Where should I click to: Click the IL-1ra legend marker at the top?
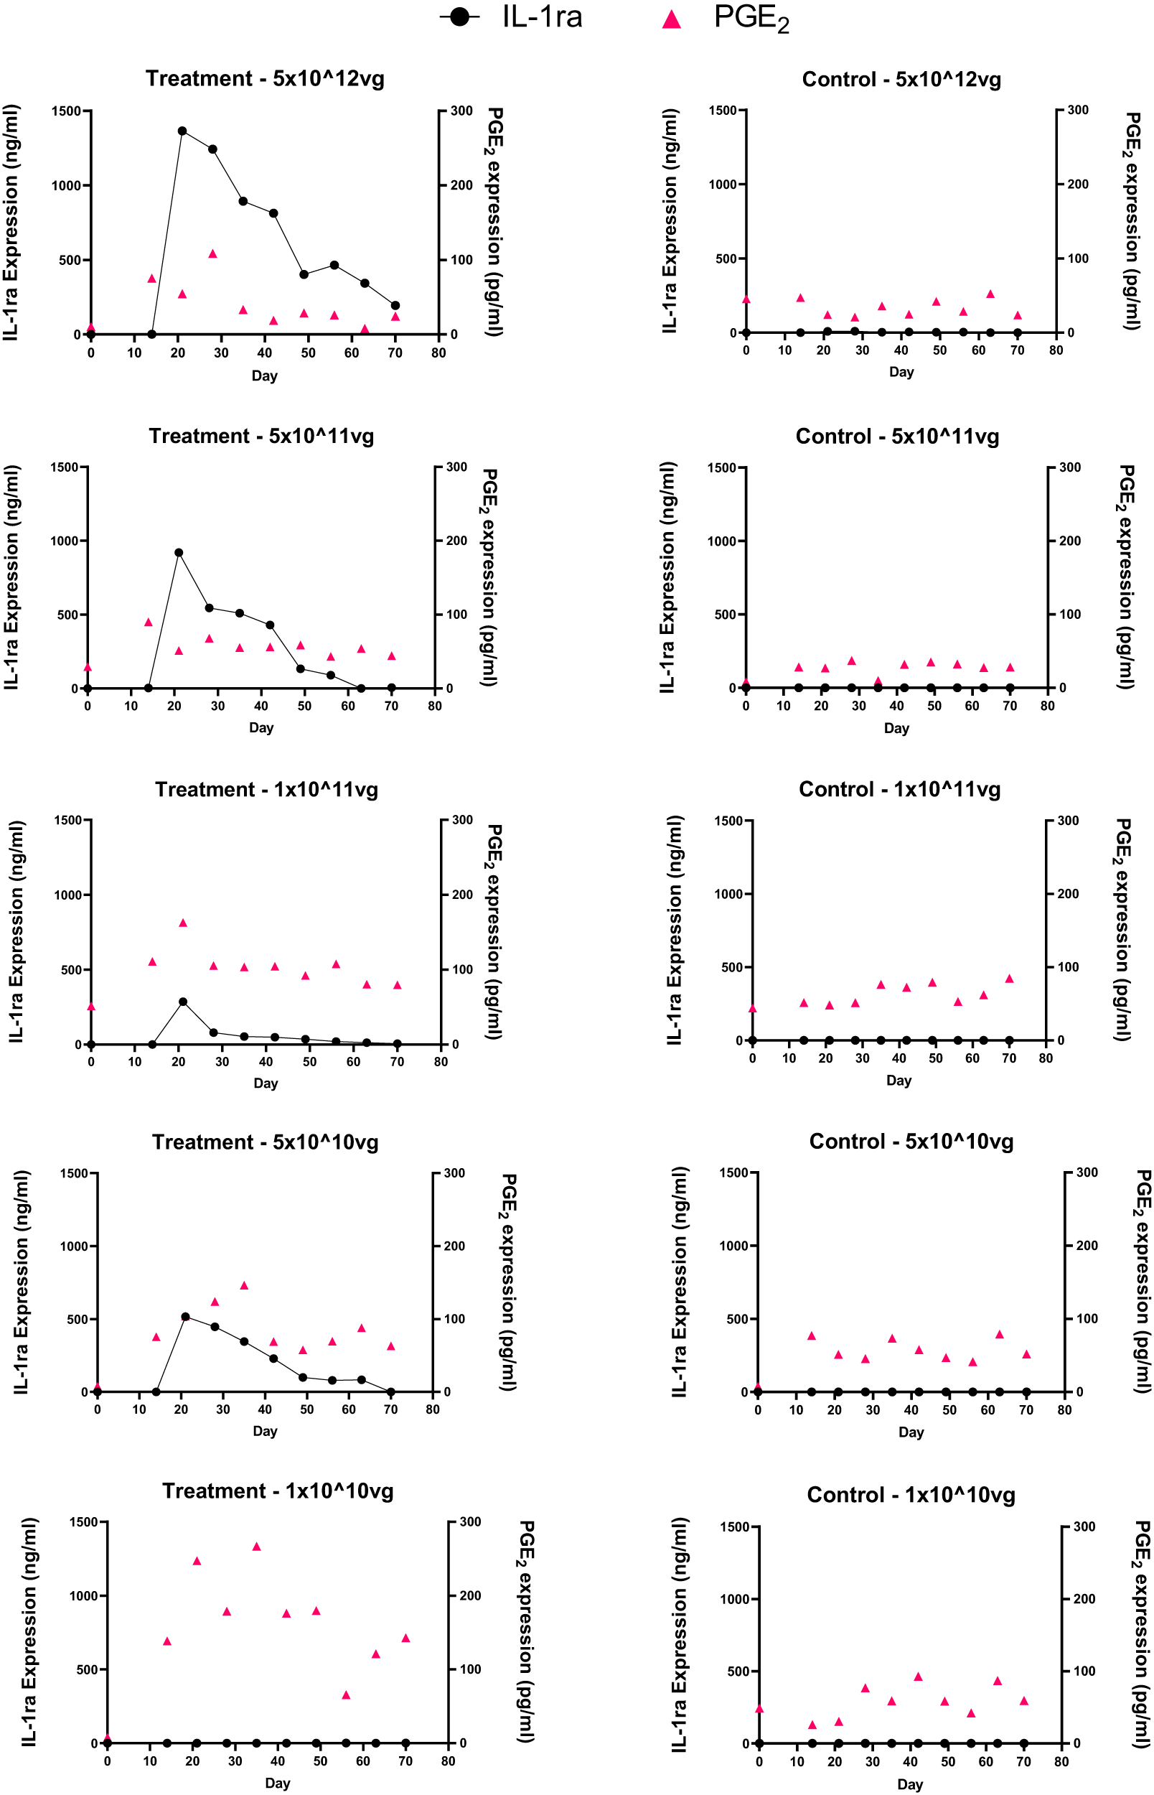tap(459, 17)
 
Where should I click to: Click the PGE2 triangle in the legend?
tap(672, 19)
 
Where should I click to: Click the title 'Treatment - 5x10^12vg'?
tap(265, 79)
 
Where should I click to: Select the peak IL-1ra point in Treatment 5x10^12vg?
tap(182, 131)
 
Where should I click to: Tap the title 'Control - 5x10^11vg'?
tap(897, 437)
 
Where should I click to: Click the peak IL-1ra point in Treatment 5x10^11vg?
tap(179, 553)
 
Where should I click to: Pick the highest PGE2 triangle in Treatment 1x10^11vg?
tap(183, 923)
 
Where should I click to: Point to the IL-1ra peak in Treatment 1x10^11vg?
tap(183, 1002)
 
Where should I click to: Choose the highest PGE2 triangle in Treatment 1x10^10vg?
tap(256, 1546)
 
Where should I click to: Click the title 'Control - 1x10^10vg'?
tap(911, 1494)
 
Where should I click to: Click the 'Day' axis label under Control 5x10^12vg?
tap(901, 372)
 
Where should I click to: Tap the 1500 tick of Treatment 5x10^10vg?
tap(74, 1173)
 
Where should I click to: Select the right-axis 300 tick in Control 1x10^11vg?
tap(1068, 821)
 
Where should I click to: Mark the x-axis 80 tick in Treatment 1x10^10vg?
tap(448, 1761)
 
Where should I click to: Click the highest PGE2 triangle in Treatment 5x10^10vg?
tap(243, 1285)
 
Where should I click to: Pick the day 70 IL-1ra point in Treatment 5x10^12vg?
tap(395, 306)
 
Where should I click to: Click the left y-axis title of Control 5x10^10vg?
tap(679, 1282)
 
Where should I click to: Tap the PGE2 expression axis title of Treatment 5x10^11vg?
tap(489, 577)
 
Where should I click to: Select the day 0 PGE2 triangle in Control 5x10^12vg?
tap(746, 299)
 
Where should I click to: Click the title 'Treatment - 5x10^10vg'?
tap(265, 1142)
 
